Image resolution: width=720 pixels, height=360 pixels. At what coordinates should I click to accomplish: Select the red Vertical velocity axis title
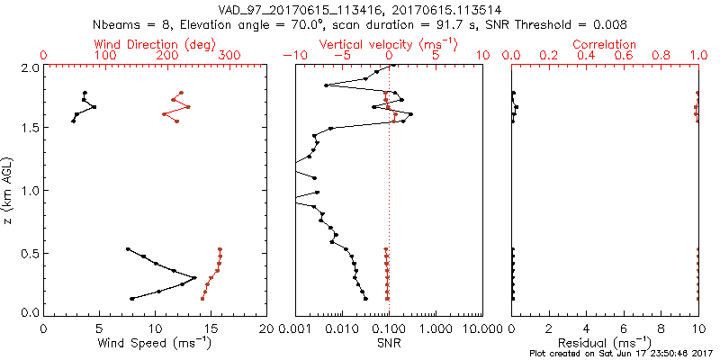(389, 44)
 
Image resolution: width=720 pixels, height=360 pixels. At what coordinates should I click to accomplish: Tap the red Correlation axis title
(605, 44)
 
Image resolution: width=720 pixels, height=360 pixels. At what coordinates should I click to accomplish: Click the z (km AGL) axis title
(10, 189)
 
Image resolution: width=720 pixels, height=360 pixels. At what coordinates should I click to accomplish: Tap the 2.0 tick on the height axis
(31, 67)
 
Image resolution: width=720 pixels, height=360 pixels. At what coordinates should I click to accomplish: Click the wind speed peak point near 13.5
(194, 276)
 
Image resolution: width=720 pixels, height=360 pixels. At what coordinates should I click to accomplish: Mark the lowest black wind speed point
(132, 299)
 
